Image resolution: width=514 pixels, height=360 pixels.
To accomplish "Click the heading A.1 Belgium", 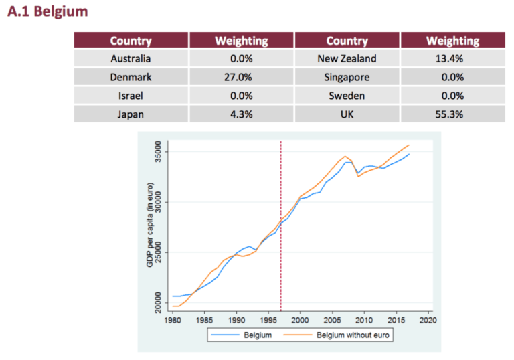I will (x=48, y=12).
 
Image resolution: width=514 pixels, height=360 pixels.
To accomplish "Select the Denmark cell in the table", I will (x=131, y=77).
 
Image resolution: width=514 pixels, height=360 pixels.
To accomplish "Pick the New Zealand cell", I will (x=347, y=58).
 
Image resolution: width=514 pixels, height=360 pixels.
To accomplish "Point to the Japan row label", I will (x=131, y=114).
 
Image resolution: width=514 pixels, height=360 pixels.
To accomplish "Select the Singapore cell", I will (x=347, y=77).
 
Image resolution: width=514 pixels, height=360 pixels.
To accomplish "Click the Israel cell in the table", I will (x=131, y=96).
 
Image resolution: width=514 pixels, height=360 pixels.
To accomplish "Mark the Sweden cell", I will (x=347, y=96).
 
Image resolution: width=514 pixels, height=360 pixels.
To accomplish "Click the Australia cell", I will (x=131, y=58).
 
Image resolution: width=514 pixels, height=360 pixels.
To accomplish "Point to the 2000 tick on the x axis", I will (x=301, y=320).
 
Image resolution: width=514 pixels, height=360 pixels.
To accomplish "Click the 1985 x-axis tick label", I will (x=205, y=320).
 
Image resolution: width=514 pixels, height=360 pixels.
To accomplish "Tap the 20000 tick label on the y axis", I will (x=159, y=303).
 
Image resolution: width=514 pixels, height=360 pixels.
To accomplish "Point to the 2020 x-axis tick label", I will (x=428, y=320).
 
